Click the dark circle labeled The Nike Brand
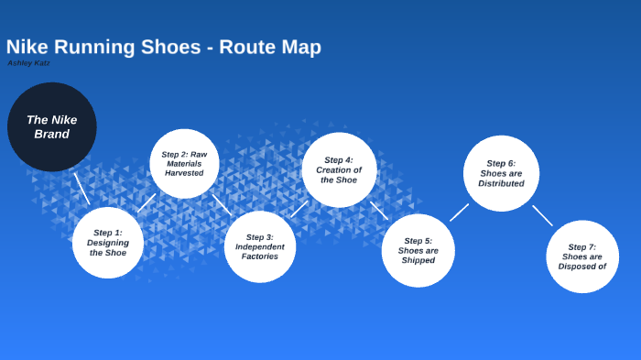pyautogui.click(x=51, y=126)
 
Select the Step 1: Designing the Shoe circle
pyautogui.click(x=108, y=242)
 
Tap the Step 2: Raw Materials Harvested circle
pyautogui.click(x=184, y=163)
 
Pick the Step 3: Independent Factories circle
pyautogui.click(x=260, y=246)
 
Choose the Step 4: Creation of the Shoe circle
pyautogui.click(x=339, y=169)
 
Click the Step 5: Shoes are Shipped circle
pyautogui.click(x=418, y=250)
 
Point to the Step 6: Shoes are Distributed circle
pyautogui.click(x=501, y=173)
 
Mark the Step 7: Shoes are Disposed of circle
pyautogui.click(x=582, y=256)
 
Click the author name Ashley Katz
pyautogui.click(x=29, y=63)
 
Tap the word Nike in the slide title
pyautogui.click(x=27, y=47)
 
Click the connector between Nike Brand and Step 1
pyautogui.click(x=82, y=189)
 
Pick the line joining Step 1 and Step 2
pyautogui.click(x=147, y=202)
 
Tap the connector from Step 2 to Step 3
pyautogui.click(x=222, y=203)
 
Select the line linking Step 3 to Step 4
pyautogui.click(x=299, y=209)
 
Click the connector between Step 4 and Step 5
pyautogui.click(x=379, y=210)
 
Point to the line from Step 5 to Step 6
pyautogui.click(x=459, y=213)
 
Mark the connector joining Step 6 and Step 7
pyautogui.click(x=542, y=215)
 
